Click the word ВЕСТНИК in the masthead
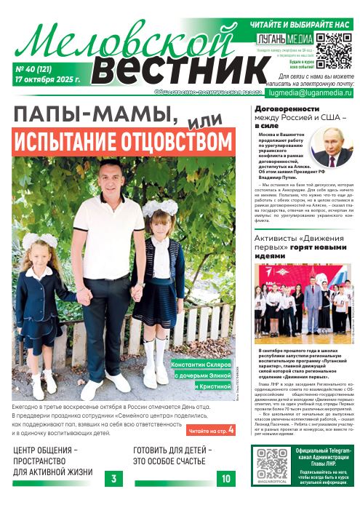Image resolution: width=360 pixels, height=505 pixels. tap(169, 69)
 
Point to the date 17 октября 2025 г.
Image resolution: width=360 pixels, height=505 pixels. tap(47, 79)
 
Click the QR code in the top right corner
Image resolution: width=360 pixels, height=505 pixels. tap(335, 49)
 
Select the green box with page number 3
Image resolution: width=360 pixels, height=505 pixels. tap(113, 478)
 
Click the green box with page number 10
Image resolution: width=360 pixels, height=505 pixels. tap(225, 478)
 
